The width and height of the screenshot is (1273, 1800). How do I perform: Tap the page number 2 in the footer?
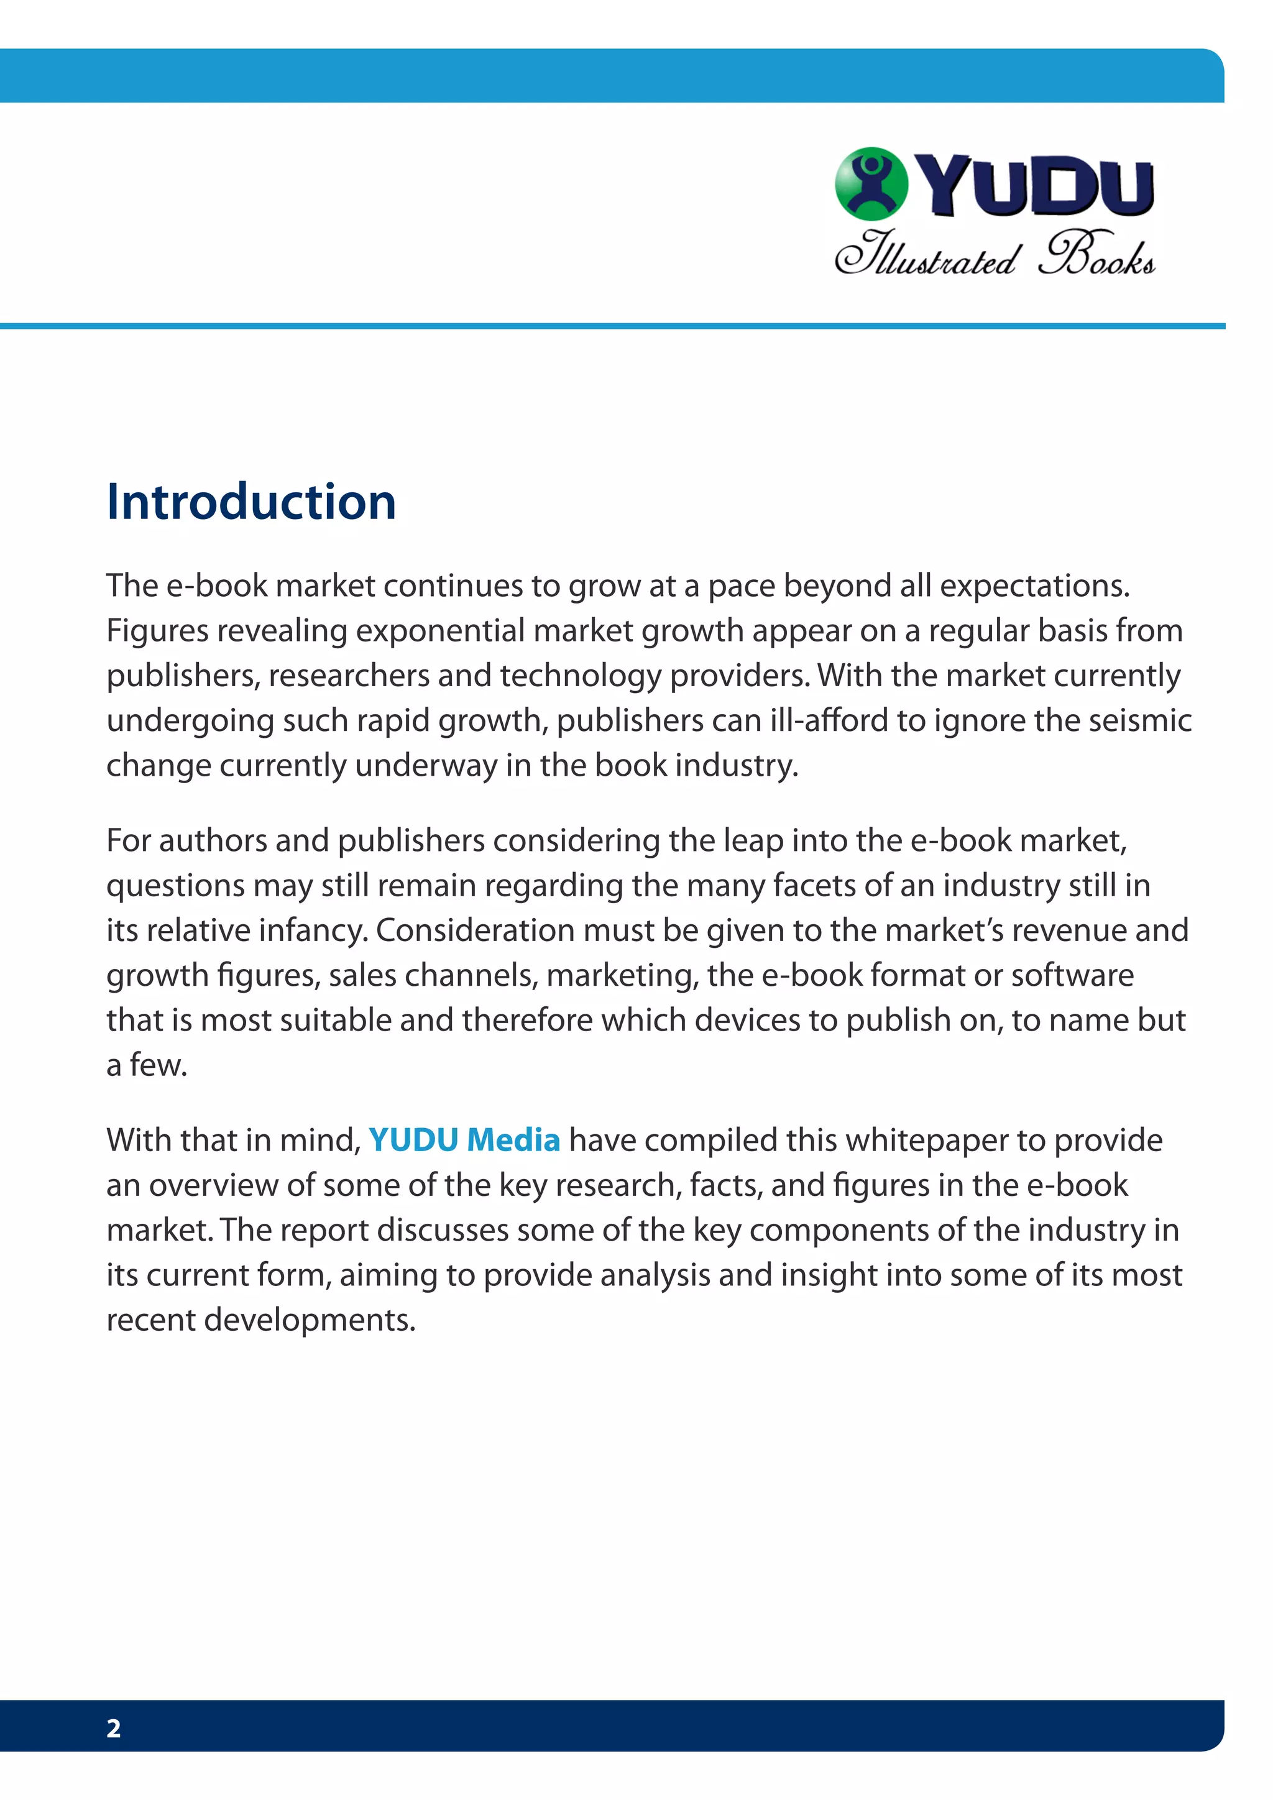tap(114, 1728)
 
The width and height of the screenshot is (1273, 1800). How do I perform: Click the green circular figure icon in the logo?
tap(871, 183)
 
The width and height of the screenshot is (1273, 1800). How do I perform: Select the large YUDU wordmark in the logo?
tap(1035, 186)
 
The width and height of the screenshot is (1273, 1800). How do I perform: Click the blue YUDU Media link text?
tap(464, 1140)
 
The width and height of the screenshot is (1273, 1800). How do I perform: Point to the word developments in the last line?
tap(310, 1320)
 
